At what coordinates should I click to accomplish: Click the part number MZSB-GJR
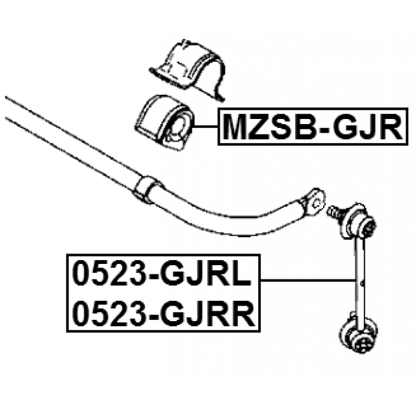(313, 127)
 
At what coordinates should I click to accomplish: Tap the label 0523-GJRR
(163, 313)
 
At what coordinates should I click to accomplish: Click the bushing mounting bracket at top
(188, 70)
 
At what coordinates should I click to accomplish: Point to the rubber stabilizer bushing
(165, 123)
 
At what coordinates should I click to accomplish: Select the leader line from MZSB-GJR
(206, 127)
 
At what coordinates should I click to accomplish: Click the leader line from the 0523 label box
(307, 280)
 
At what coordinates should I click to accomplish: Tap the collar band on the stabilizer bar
(146, 189)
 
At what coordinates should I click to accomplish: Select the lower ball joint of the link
(359, 335)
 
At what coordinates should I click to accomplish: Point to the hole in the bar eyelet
(317, 203)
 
